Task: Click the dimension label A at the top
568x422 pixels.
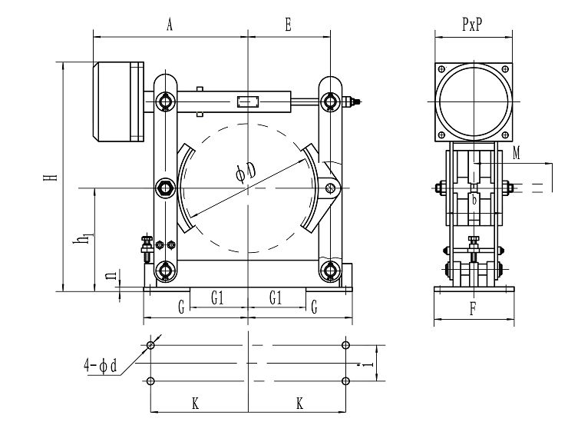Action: tap(170, 25)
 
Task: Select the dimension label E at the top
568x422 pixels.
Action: tap(287, 25)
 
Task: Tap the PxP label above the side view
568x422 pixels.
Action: tap(472, 25)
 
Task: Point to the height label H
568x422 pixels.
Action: tap(51, 178)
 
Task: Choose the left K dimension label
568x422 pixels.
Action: tap(195, 403)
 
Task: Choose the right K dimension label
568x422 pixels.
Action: tap(299, 403)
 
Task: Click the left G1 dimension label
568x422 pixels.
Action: tap(218, 296)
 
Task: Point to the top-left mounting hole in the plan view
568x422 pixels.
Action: tap(150, 345)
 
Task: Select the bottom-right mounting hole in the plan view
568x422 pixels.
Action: tap(346, 380)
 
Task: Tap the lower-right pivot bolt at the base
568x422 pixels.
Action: tap(331, 270)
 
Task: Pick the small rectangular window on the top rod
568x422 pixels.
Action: tap(247, 101)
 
